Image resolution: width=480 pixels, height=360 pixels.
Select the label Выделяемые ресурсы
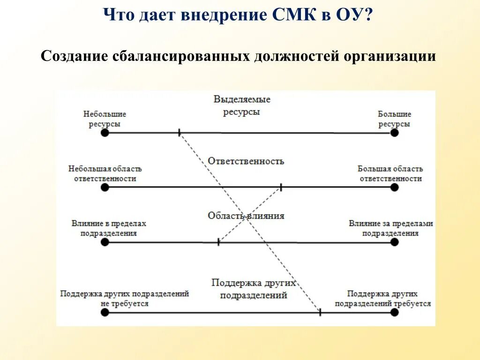pos(242,105)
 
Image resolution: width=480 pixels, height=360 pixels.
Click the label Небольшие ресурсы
pos(105,119)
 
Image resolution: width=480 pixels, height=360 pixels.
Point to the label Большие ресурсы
pos(394,119)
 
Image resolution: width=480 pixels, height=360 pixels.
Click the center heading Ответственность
pos(246,161)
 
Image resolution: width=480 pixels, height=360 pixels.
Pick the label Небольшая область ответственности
pos(105,173)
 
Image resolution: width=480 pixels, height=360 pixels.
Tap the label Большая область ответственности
pos(390,173)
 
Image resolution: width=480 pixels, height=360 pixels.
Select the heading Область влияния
pos(246,216)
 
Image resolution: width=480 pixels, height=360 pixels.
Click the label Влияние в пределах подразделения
pos(109,228)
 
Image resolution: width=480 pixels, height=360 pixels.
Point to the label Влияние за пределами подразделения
pos(390,228)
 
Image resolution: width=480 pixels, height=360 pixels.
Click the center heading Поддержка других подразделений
pos(254,289)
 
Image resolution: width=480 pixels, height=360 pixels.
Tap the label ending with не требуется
pos(124,299)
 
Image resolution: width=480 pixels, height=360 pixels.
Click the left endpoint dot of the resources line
pos(105,133)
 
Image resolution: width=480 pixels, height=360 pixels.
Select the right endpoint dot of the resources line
pos(394,133)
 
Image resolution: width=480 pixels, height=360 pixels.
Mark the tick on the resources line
pos(179,133)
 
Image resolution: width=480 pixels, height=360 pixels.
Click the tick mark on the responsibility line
pos(281,187)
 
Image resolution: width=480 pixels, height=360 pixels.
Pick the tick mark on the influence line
pos(218,242)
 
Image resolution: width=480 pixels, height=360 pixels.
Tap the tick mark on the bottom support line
pos(320,312)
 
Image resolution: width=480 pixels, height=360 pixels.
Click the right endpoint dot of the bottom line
pos(394,312)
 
